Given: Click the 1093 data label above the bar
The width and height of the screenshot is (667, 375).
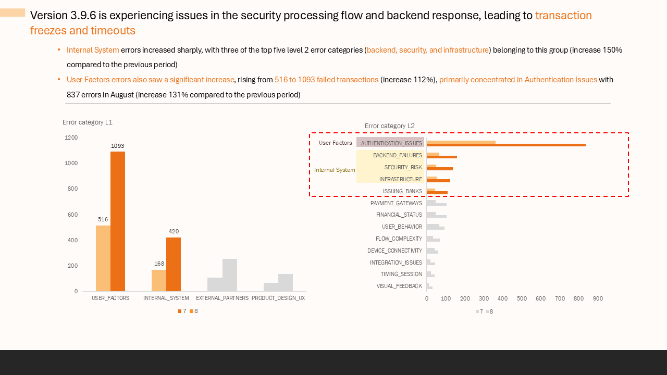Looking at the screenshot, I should tap(117, 146).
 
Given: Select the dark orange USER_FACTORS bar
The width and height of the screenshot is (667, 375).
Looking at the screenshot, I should tap(118, 221).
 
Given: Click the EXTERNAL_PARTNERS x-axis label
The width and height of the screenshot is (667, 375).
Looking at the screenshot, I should tap(222, 298).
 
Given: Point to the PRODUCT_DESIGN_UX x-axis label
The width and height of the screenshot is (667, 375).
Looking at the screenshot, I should tap(278, 298).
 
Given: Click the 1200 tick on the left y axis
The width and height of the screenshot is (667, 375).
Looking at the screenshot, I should tap(71, 137).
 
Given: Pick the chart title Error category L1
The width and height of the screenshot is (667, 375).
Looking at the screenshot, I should tap(88, 122).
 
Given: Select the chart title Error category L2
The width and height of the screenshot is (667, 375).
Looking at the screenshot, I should tap(390, 126).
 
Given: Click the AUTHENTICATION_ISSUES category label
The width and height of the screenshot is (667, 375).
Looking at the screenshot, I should tap(391, 143).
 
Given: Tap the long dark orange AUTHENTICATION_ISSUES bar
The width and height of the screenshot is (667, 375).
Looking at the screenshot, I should tap(505, 145).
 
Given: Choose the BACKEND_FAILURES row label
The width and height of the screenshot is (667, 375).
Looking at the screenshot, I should tap(398, 155).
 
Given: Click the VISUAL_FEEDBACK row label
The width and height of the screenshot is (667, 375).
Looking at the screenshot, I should tap(399, 286).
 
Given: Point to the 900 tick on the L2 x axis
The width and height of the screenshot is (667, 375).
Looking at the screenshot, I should tap(598, 299).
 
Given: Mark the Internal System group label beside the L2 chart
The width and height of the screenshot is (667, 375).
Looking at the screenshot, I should tap(335, 170).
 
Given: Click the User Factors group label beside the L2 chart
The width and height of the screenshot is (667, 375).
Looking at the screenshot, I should tap(336, 143).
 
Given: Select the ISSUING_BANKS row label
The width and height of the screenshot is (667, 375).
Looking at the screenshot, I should tap(402, 191).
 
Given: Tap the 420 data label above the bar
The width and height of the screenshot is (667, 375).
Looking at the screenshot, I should tap(174, 231).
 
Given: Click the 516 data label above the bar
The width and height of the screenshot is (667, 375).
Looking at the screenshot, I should tap(103, 219).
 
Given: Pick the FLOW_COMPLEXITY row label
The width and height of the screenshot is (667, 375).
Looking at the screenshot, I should tap(399, 239).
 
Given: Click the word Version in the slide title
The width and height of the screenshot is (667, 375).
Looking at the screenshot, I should tap(48, 16).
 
